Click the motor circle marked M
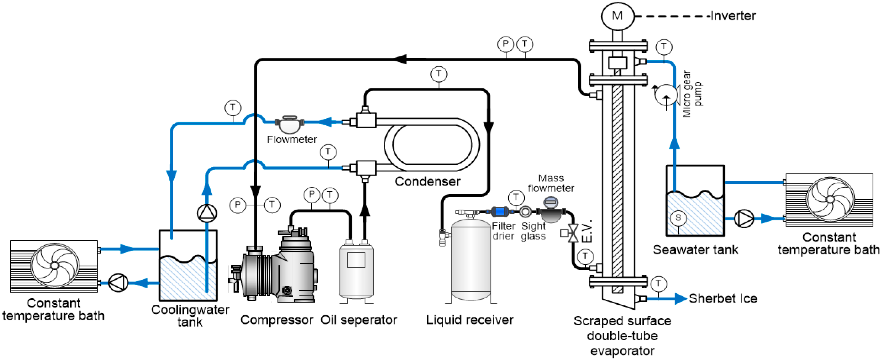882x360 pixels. [617, 16]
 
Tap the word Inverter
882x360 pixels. [733, 16]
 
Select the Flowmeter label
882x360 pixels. [292, 139]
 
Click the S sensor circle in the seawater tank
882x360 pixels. [678, 218]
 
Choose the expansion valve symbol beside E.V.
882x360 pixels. [573, 233]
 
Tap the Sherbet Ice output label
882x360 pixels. [723, 298]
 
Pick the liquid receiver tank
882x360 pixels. [471, 260]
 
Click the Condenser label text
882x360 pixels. [427, 181]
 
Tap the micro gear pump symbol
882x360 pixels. [666, 94]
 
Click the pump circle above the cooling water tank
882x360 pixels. [207, 213]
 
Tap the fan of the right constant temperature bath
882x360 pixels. [830, 199]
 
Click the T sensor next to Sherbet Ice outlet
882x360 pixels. [659, 284]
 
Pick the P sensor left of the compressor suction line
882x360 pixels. [238, 205]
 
